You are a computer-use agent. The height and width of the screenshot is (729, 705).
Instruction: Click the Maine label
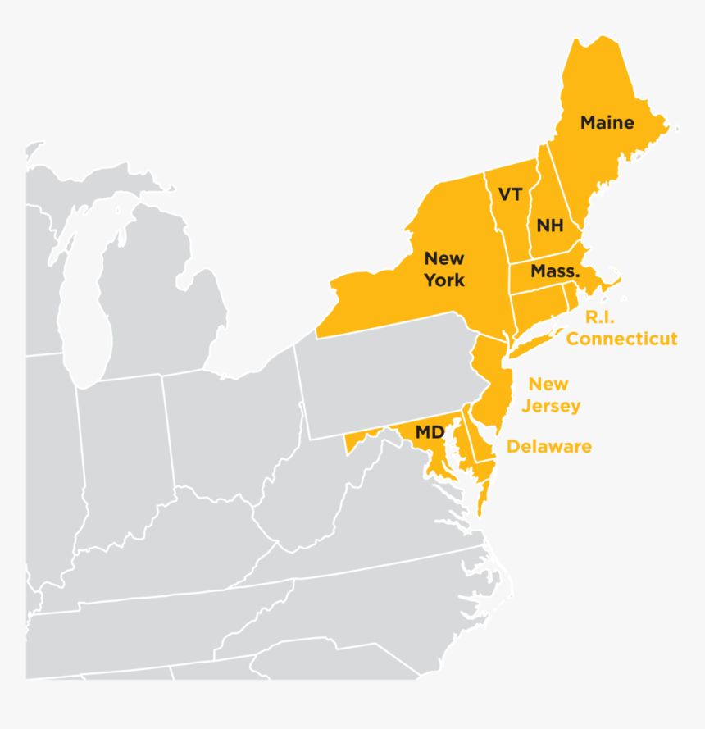(x=607, y=123)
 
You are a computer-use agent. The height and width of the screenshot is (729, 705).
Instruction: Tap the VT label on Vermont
(x=510, y=195)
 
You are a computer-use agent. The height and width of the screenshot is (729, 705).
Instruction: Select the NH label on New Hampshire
(x=549, y=226)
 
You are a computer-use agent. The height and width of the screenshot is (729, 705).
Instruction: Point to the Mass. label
(x=555, y=271)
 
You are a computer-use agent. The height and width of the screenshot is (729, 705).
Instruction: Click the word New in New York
(x=443, y=259)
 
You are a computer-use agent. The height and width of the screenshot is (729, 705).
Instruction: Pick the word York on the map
(x=444, y=280)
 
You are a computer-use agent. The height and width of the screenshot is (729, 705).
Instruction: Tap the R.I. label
(x=599, y=317)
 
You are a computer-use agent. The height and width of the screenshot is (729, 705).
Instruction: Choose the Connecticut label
(x=621, y=339)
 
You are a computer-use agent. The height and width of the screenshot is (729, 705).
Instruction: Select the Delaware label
(x=548, y=447)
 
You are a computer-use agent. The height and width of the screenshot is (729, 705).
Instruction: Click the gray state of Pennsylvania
(x=385, y=377)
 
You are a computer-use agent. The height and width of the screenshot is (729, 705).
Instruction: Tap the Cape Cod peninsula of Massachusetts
(x=611, y=284)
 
